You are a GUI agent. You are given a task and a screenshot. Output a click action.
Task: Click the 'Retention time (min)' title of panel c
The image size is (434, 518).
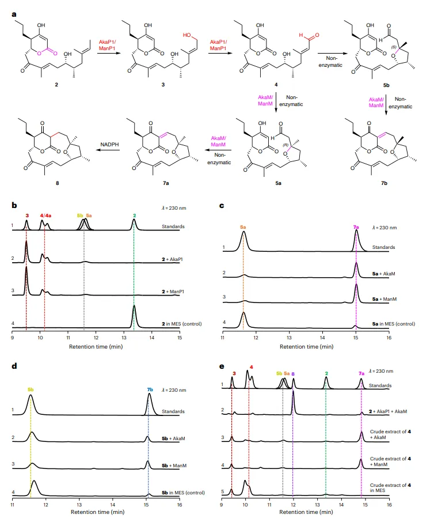pos(305,347)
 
